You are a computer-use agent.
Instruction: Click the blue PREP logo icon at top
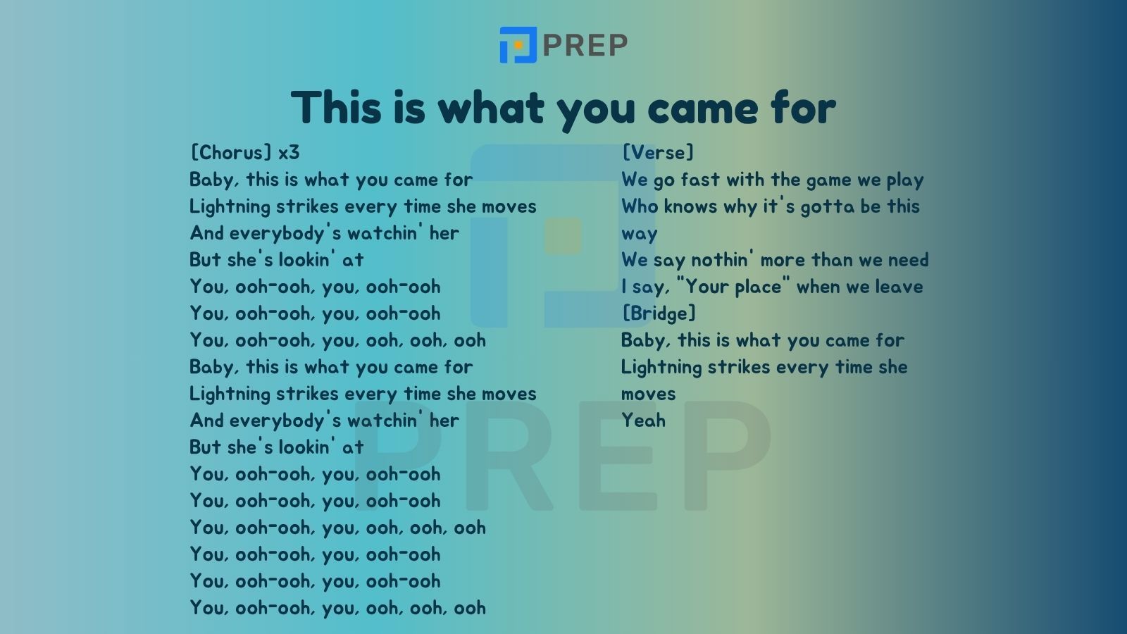click(x=518, y=45)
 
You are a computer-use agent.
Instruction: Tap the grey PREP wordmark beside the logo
click(x=585, y=45)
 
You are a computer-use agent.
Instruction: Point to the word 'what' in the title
click(x=491, y=107)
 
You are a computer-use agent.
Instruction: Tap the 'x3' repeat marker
click(x=289, y=152)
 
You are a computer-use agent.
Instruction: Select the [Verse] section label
click(x=658, y=152)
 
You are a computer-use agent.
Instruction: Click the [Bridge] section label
click(x=659, y=313)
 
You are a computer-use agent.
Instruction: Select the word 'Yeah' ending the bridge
click(x=644, y=420)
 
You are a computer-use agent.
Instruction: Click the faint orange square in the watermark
click(x=563, y=235)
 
